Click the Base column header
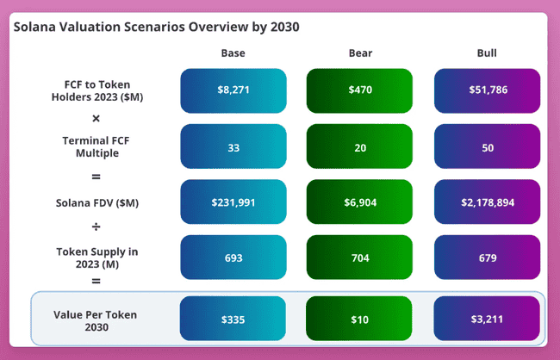tap(233, 53)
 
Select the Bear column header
tap(359, 53)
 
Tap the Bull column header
tap(487, 53)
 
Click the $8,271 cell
tap(233, 90)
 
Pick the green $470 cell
tap(359, 90)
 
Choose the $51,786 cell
tap(487, 90)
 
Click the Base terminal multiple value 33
tap(233, 146)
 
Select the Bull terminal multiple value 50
tap(487, 146)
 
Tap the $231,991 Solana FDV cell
tap(233, 202)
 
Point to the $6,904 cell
tap(359, 202)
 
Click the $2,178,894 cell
tap(487, 202)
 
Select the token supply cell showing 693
tap(233, 258)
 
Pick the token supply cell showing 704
tap(359, 258)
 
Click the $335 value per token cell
tap(233, 320)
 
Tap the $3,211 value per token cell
tap(487, 320)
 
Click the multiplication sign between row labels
tap(96, 118)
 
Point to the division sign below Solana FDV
tap(96, 227)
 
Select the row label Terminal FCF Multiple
tap(96, 146)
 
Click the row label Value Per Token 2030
tap(96, 320)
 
